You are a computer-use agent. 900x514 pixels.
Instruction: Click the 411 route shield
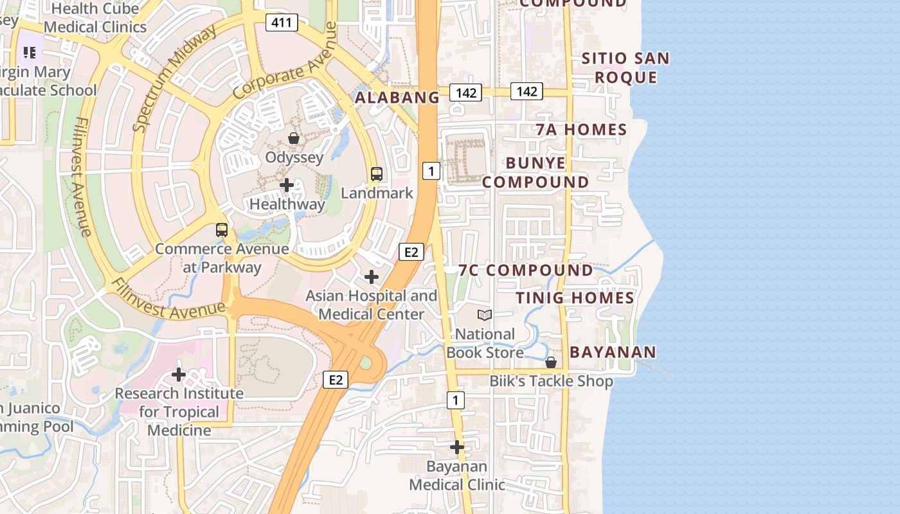pyautogui.click(x=282, y=23)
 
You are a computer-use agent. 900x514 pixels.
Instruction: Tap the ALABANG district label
pyautogui.click(x=397, y=98)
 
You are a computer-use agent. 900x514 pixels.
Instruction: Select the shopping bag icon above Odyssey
pyautogui.click(x=294, y=138)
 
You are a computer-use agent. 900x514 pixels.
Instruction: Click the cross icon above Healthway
pyautogui.click(x=287, y=185)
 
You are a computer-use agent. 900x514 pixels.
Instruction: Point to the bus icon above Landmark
pyautogui.click(x=377, y=173)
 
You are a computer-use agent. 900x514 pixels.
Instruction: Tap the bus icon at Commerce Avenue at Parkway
pyautogui.click(x=222, y=229)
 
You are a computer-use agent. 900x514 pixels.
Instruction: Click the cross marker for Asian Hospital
pyautogui.click(x=372, y=277)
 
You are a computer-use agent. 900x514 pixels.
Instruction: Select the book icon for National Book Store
pyautogui.click(x=485, y=315)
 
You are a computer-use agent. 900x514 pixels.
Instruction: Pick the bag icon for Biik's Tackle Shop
pyautogui.click(x=551, y=362)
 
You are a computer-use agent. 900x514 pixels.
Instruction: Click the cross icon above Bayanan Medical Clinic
pyautogui.click(x=457, y=447)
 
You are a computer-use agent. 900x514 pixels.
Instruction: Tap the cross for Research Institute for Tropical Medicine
pyautogui.click(x=179, y=374)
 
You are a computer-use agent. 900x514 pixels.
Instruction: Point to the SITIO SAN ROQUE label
pyautogui.click(x=625, y=68)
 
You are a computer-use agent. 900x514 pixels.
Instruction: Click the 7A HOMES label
pyautogui.click(x=582, y=130)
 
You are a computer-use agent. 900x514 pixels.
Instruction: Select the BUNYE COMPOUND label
pyautogui.click(x=535, y=173)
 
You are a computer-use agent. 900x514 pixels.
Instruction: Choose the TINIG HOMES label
pyautogui.click(x=575, y=298)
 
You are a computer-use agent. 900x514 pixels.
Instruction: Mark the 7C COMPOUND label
pyautogui.click(x=526, y=270)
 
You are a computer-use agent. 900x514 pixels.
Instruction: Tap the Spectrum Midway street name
pyautogui.click(x=174, y=80)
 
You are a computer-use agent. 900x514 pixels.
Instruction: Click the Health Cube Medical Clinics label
pyautogui.click(x=95, y=18)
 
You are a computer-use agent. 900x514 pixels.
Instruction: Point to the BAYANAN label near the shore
pyautogui.click(x=613, y=352)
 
